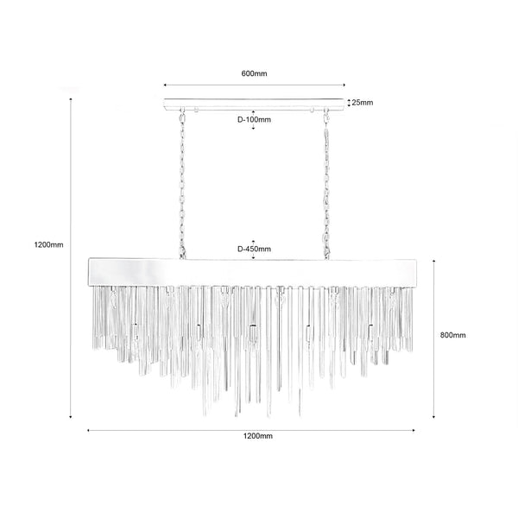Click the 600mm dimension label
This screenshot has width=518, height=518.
tap(254, 73)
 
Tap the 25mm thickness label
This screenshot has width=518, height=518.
tap(363, 103)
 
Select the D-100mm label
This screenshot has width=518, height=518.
tap(254, 120)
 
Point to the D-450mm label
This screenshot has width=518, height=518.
tap(254, 249)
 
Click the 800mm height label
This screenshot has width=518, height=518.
tap(453, 335)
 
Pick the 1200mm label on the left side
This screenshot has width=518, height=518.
tap(48, 245)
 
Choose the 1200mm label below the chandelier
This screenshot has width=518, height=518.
tap(258, 436)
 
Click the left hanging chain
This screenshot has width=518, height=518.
tap(182, 183)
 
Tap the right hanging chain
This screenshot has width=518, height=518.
tap(326, 183)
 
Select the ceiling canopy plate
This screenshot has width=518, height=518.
tap(254, 104)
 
